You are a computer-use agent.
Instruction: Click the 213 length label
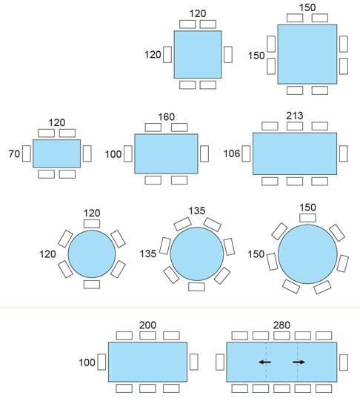295,116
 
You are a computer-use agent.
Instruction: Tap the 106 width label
232,153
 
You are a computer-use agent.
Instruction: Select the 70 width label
14,154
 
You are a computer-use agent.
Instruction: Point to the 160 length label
167,117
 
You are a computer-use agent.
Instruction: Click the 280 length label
281,325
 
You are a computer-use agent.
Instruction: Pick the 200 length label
147,325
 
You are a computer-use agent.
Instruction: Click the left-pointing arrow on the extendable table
264,362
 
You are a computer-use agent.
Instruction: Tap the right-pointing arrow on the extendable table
299,362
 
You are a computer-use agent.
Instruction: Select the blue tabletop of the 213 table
295,153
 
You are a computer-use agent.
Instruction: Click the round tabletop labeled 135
197,254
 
